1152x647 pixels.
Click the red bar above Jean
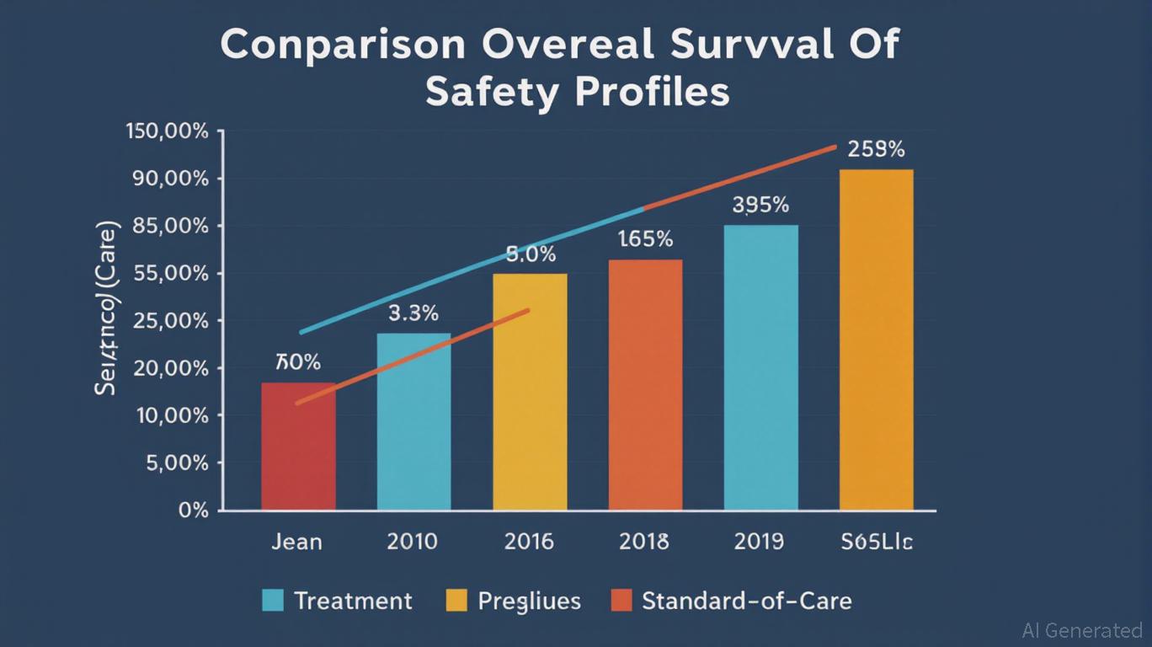(x=298, y=446)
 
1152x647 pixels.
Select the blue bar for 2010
(x=413, y=421)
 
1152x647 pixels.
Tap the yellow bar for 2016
(x=530, y=392)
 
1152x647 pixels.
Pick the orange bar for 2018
(x=645, y=385)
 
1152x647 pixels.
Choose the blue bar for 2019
(x=761, y=367)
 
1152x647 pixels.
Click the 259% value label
(x=877, y=150)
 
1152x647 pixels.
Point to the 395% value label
(x=760, y=205)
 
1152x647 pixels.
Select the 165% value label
(x=645, y=239)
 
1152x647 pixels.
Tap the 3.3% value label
(x=413, y=313)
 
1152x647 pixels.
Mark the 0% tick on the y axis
(x=195, y=511)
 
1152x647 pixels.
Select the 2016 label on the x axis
(x=529, y=541)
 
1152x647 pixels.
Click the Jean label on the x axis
(x=296, y=541)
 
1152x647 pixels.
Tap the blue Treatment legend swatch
(x=273, y=601)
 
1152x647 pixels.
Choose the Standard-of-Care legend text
(x=746, y=601)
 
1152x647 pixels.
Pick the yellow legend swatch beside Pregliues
(x=456, y=601)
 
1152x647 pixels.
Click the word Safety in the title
(x=492, y=93)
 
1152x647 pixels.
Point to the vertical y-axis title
(x=107, y=308)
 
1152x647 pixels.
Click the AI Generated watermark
(x=1081, y=629)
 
